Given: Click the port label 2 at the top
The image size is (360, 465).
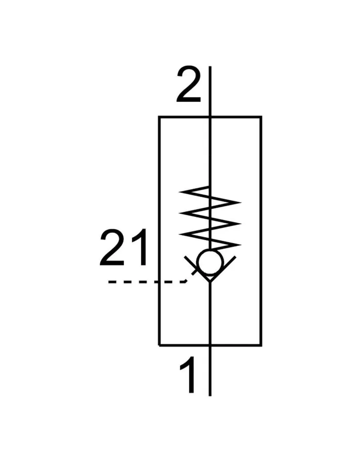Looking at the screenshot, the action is tap(189, 85).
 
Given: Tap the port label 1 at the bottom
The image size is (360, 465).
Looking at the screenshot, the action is tap(188, 375).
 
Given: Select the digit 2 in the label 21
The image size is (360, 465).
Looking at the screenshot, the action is tap(112, 248).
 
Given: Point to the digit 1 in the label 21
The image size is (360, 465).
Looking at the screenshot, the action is tap(139, 248).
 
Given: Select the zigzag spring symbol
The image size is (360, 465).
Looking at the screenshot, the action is tap(210, 217).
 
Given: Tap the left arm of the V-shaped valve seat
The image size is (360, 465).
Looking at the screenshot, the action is tap(197, 268).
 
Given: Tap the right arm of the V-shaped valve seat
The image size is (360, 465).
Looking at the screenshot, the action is tap(223, 268).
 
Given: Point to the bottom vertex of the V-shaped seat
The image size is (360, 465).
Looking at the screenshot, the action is tap(210, 281).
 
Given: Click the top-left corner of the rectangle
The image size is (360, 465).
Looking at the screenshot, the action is tap(159, 117).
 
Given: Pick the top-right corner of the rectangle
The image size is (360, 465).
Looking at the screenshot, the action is tap(261, 117).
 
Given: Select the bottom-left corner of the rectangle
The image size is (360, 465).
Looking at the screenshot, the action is tap(159, 345).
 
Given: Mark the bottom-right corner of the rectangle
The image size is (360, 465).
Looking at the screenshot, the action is tap(261, 345).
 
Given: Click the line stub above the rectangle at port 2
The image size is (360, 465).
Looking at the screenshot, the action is tap(210, 92).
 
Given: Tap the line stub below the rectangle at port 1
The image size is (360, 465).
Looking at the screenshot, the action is tap(210, 371).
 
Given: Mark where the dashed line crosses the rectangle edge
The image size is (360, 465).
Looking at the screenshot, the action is tap(159, 282).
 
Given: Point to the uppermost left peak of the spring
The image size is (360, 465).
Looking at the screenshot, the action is tap(180, 192).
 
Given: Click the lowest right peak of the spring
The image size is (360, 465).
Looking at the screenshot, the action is tap(240, 245).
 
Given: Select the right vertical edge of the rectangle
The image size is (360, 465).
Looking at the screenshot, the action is tap(261, 232).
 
